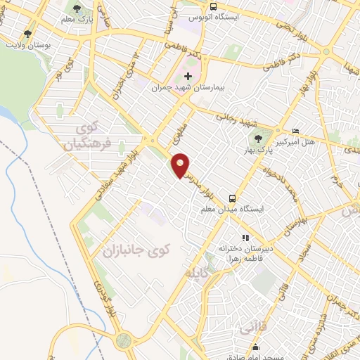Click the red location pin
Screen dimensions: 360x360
[x=181, y=164]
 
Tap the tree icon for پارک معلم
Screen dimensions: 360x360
[x=77, y=9]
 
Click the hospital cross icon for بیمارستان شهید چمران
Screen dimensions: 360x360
[x=188, y=76]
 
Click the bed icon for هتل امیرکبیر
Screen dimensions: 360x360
[x=296, y=131]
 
